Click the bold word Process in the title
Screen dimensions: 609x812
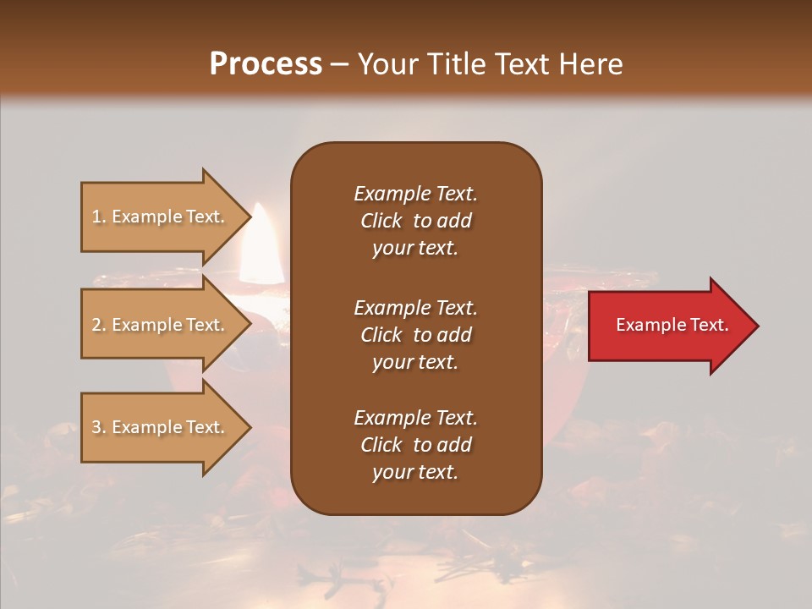(x=266, y=64)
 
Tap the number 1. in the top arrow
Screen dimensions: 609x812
(x=99, y=217)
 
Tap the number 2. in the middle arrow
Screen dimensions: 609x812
(x=99, y=325)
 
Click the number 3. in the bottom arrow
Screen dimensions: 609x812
(x=99, y=427)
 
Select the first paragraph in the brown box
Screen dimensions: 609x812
(x=415, y=221)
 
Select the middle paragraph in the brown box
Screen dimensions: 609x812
(x=415, y=335)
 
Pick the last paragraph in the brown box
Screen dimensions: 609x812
(x=415, y=445)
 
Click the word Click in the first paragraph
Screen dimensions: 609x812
(x=381, y=221)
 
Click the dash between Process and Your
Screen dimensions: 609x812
(x=339, y=65)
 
